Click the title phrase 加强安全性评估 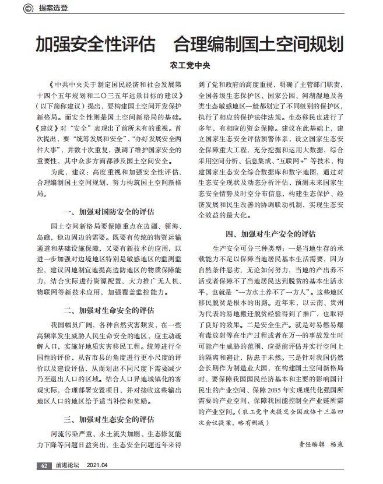click(95, 44)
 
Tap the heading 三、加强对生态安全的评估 click(109, 419)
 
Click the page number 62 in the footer click(44, 465)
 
